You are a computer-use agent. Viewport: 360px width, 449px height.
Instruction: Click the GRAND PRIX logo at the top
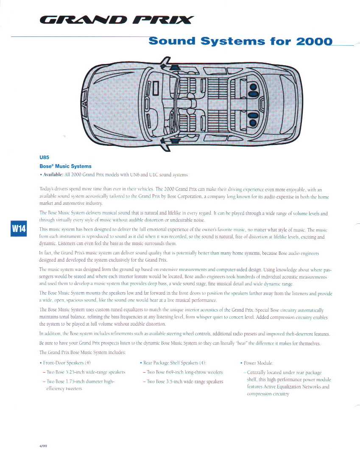coord(117,20)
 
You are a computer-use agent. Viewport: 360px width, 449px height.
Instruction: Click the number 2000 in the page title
coord(314,41)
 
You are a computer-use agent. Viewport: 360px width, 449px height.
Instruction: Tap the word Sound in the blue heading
coord(172,41)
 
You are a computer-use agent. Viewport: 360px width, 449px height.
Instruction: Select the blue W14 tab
coord(19,229)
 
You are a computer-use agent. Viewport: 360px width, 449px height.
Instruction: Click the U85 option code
coord(45,157)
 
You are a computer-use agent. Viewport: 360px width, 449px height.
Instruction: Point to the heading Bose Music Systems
coord(65,166)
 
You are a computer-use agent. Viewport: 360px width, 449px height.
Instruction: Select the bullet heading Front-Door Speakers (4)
coord(67,363)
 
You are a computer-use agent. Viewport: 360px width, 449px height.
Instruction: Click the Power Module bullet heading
coord(259,363)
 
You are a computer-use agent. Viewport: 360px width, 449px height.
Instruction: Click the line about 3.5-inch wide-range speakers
coord(184,382)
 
